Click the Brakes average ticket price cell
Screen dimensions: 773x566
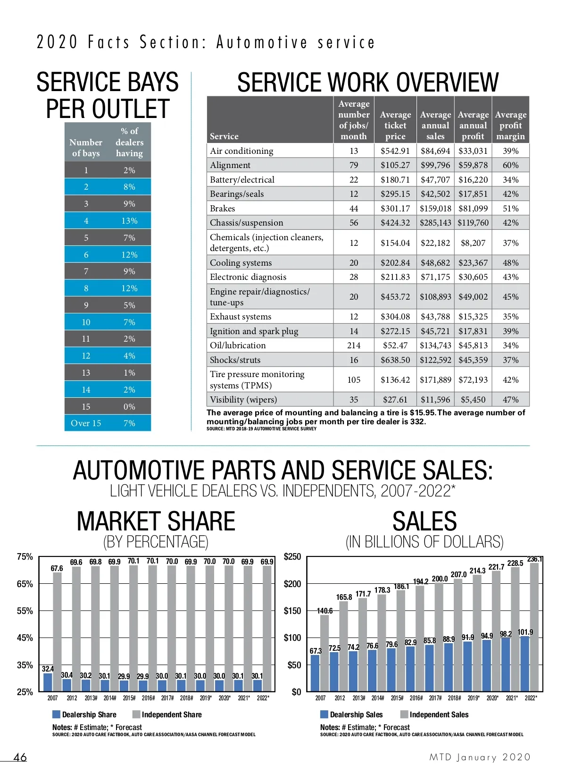coord(395,209)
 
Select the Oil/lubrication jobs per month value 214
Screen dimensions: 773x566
coord(354,345)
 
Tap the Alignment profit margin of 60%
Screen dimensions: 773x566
coord(510,165)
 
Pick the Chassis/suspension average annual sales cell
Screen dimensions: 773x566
coord(435,223)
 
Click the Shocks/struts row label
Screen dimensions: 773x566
coord(235,360)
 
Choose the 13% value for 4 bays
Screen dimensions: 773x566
coord(129,221)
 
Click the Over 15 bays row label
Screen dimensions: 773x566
coord(86,423)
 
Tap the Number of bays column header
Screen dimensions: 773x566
coord(86,148)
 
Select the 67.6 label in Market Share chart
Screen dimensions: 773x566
coord(57,568)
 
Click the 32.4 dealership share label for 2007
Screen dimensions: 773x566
coord(48,669)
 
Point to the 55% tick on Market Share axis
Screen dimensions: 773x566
coord(25,611)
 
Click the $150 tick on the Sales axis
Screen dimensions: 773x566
coord(292,611)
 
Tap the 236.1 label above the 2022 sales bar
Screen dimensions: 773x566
coord(534,559)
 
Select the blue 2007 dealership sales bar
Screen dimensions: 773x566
coord(315,673)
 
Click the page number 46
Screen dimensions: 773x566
coord(20,757)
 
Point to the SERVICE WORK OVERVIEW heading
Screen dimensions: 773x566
coord(367,83)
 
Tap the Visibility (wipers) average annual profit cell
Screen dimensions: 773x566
coord(473,400)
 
